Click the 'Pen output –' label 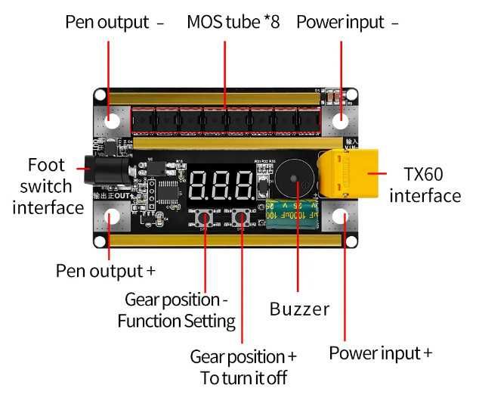[114, 22]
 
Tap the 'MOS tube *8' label [233, 22]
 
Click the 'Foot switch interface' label [47, 185]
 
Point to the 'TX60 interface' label [424, 185]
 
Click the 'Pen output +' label [100, 270]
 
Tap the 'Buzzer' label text [299, 309]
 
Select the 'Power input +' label [381, 353]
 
